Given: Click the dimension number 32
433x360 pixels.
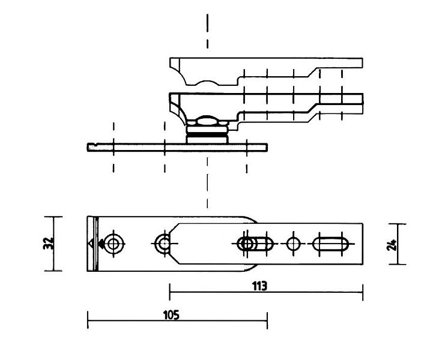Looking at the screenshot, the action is [x=48, y=243].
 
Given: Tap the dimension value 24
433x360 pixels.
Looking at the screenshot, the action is [x=392, y=245].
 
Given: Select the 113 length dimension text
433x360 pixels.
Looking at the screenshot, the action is [x=259, y=286].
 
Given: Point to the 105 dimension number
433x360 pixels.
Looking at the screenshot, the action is [x=171, y=315].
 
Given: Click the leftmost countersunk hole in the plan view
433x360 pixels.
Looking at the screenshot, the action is [x=114, y=244].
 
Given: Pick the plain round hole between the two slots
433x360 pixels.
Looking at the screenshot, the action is [x=293, y=244].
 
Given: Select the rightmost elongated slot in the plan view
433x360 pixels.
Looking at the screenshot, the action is [x=330, y=244].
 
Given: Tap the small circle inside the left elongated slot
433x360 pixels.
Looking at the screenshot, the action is [x=247, y=244].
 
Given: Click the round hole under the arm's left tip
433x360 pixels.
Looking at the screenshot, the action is [x=163, y=244].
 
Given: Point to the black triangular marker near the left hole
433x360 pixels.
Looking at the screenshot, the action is [x=101, y=244].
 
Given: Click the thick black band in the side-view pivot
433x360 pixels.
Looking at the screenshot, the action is [x=207, y=134].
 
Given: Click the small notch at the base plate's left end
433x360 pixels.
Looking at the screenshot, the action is [x=95, y=144].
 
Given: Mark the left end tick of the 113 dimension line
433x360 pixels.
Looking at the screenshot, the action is [x=169, y=292].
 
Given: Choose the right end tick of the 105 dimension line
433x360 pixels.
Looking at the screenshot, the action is [x=267, y=320].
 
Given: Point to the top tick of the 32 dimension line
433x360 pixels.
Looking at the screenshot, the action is [x=53, y=217].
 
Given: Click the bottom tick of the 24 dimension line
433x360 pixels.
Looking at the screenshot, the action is [x=398, y=264].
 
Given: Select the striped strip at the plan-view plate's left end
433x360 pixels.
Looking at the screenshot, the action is [x=92, y=244].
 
